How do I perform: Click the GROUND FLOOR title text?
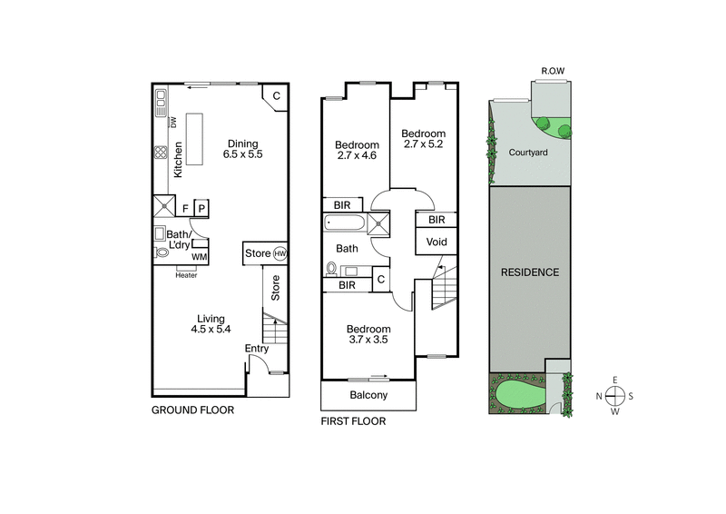coord(192,410)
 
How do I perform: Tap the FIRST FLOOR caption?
coord(353,421)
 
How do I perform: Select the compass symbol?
coord(615,395)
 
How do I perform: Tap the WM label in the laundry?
coord(198,258)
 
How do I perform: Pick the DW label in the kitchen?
coord(172,123)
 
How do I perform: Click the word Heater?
coord(186,275)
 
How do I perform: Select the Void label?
coord(436,242)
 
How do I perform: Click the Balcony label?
coord(368,395)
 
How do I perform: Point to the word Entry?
coord(257,349)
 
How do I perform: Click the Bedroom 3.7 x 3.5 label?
coord(368,334)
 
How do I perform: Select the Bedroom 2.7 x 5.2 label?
coord(424,139)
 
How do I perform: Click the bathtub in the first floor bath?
coord(344,222)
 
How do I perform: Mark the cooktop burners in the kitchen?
coord(160,153)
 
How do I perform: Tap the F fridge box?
coord(185,208)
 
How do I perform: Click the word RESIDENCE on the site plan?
coord(529,272)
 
